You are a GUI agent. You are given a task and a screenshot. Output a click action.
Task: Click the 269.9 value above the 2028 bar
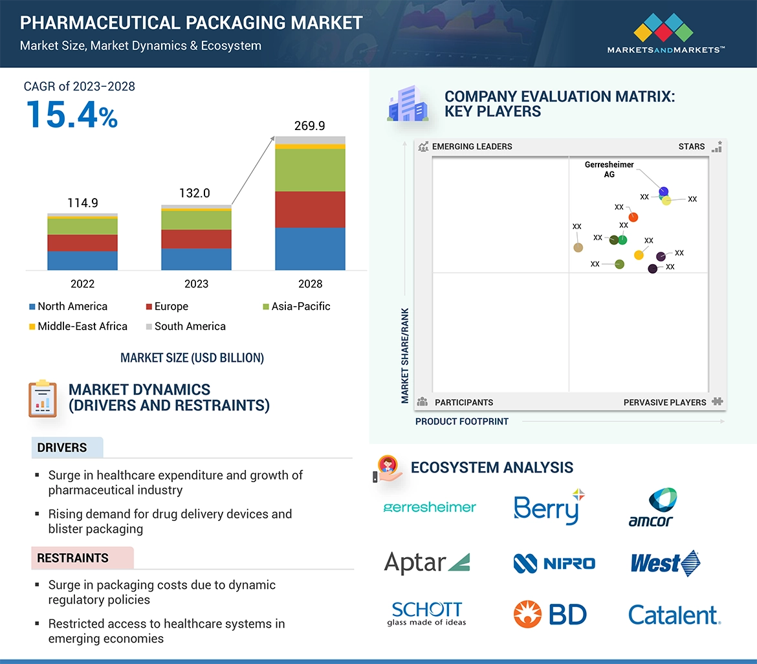coord(309,126)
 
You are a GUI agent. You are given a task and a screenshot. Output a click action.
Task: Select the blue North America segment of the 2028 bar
coord(310,249)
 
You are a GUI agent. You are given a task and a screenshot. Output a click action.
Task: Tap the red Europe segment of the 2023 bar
coord(196,239)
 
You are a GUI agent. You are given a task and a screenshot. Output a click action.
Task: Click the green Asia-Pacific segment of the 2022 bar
coord(82,227)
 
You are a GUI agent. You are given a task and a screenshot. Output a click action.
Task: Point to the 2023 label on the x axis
coord(196,283)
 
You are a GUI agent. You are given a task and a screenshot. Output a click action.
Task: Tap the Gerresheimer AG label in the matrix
coord(609,170)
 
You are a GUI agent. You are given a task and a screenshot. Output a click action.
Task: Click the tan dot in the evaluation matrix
coord(578,247)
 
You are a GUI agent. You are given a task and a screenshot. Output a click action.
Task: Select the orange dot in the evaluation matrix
coord(633,217)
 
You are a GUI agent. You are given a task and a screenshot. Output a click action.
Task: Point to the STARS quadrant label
coord(692,146)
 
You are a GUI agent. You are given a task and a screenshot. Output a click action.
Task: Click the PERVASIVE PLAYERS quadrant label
coord(664,403)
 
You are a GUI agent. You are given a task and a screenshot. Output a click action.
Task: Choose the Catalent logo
coord(674,615)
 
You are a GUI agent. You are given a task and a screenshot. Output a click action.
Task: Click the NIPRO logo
coord(554,563)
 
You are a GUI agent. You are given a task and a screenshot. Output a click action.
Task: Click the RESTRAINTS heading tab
coord(72,558)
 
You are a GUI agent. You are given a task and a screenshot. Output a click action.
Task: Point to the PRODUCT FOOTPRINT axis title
coord(461,421)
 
